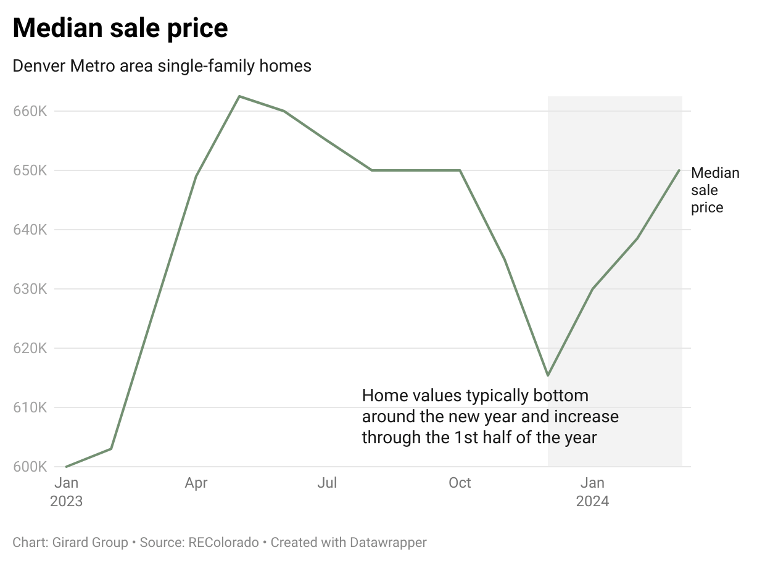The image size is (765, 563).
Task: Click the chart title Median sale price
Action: click(x=120, y=28)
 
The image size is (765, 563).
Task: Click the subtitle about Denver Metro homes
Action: click(x=162, y=66)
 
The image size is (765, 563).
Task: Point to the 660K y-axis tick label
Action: click(x=30, y=112)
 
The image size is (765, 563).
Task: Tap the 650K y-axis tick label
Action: click(x=30, y=171)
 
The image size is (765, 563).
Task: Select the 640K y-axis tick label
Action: click(x=30, y=230)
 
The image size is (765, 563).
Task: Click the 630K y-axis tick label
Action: click(x=30, y=290)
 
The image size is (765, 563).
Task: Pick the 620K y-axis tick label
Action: click(x=30, y=349)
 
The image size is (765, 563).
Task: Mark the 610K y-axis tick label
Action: click(x=30, y=408)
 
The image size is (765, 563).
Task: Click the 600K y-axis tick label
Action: click(x=30, y=467)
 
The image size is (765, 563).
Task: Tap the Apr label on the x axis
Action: click(x=196, y=483)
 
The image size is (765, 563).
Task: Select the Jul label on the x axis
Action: click(x=327, y=483)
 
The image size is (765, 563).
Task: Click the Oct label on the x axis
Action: click(x=460, y=483)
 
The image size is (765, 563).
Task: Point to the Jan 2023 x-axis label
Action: click(x=66, y=491)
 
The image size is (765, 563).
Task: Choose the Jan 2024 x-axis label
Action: click(x=592, y=491)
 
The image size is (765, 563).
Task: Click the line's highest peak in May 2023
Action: click(x=239, y=96)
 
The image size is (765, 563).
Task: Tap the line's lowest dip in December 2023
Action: click(x=548, y=375)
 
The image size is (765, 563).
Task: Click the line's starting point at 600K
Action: click(x=66, y=467)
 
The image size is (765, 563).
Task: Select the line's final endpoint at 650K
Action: click(x=679, y=170)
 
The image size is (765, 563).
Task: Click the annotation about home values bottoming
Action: click(x=490, y=417)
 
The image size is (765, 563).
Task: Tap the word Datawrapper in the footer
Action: click(x=388, y=543)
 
